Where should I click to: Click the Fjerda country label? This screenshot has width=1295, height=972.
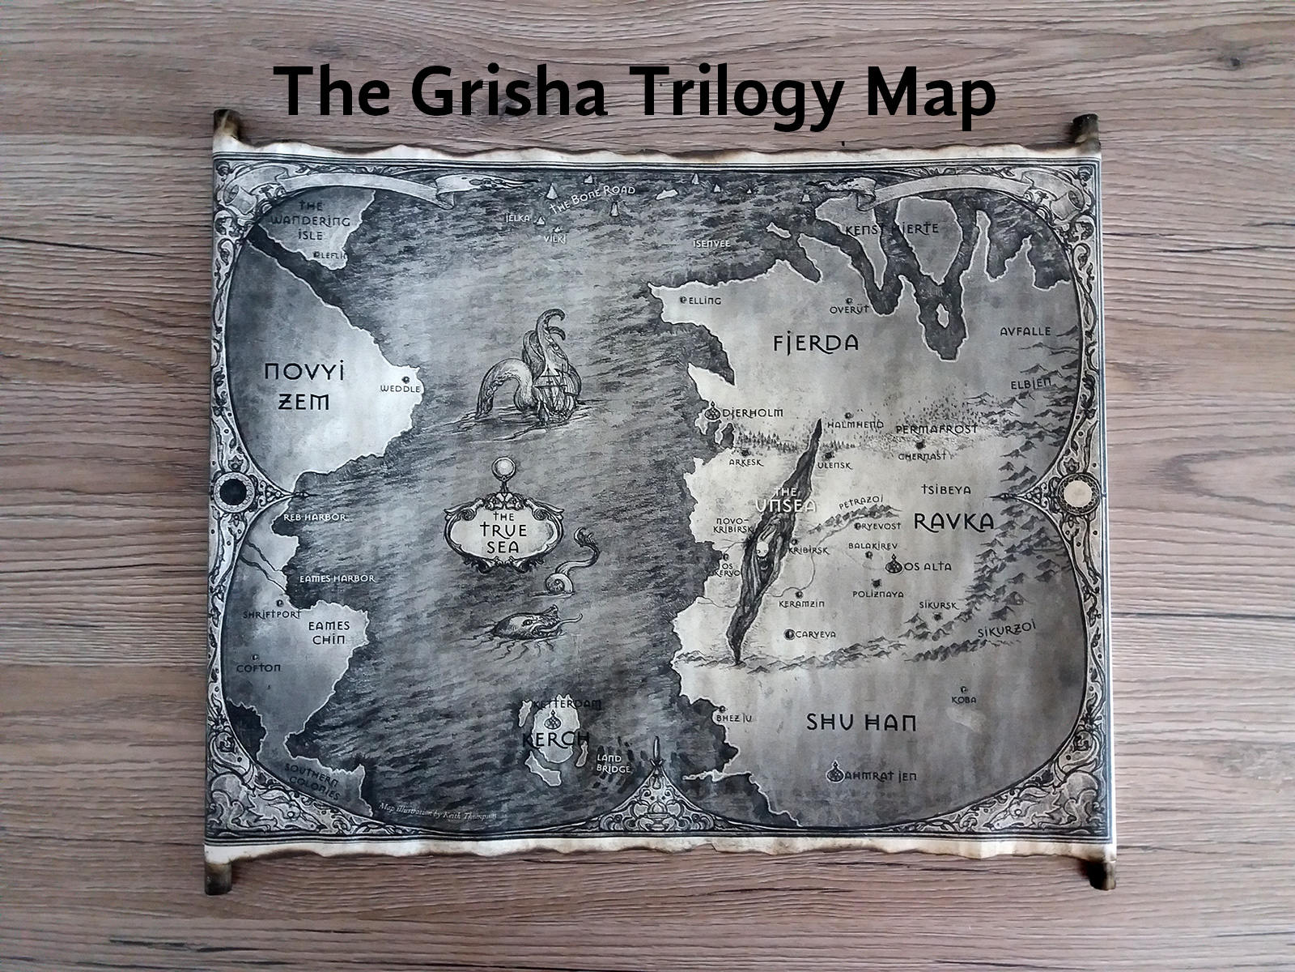815,343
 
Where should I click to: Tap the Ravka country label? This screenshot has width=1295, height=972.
953,522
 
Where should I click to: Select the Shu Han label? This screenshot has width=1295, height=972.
861,722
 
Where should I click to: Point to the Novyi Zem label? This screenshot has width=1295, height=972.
305,386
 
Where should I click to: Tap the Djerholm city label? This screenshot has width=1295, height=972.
752,413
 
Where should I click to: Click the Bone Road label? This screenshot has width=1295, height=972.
592,197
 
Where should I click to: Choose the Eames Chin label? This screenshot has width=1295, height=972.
329,633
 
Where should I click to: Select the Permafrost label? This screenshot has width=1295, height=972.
936,428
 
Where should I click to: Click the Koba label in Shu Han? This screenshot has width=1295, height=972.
963,699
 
